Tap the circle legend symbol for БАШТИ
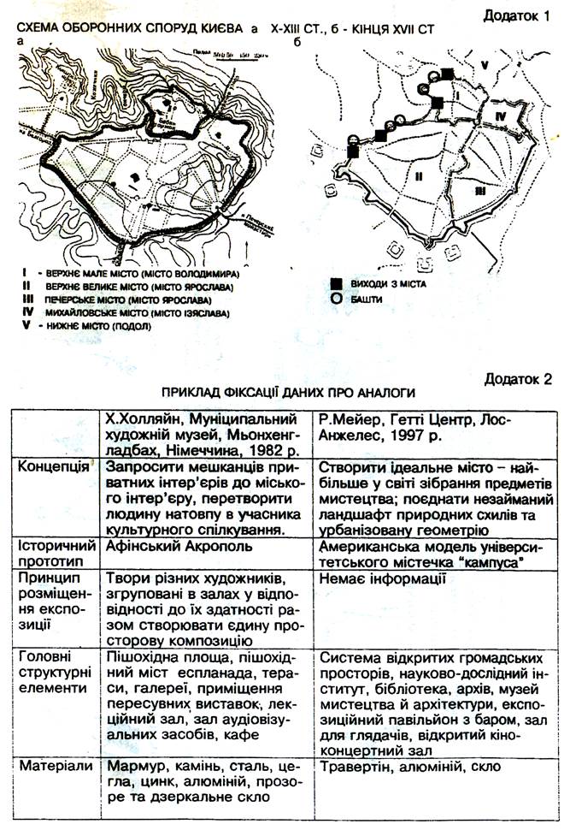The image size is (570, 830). click(338, 299)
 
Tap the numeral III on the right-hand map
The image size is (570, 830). click(482, 193)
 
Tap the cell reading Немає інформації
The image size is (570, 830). click(377, 578)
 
